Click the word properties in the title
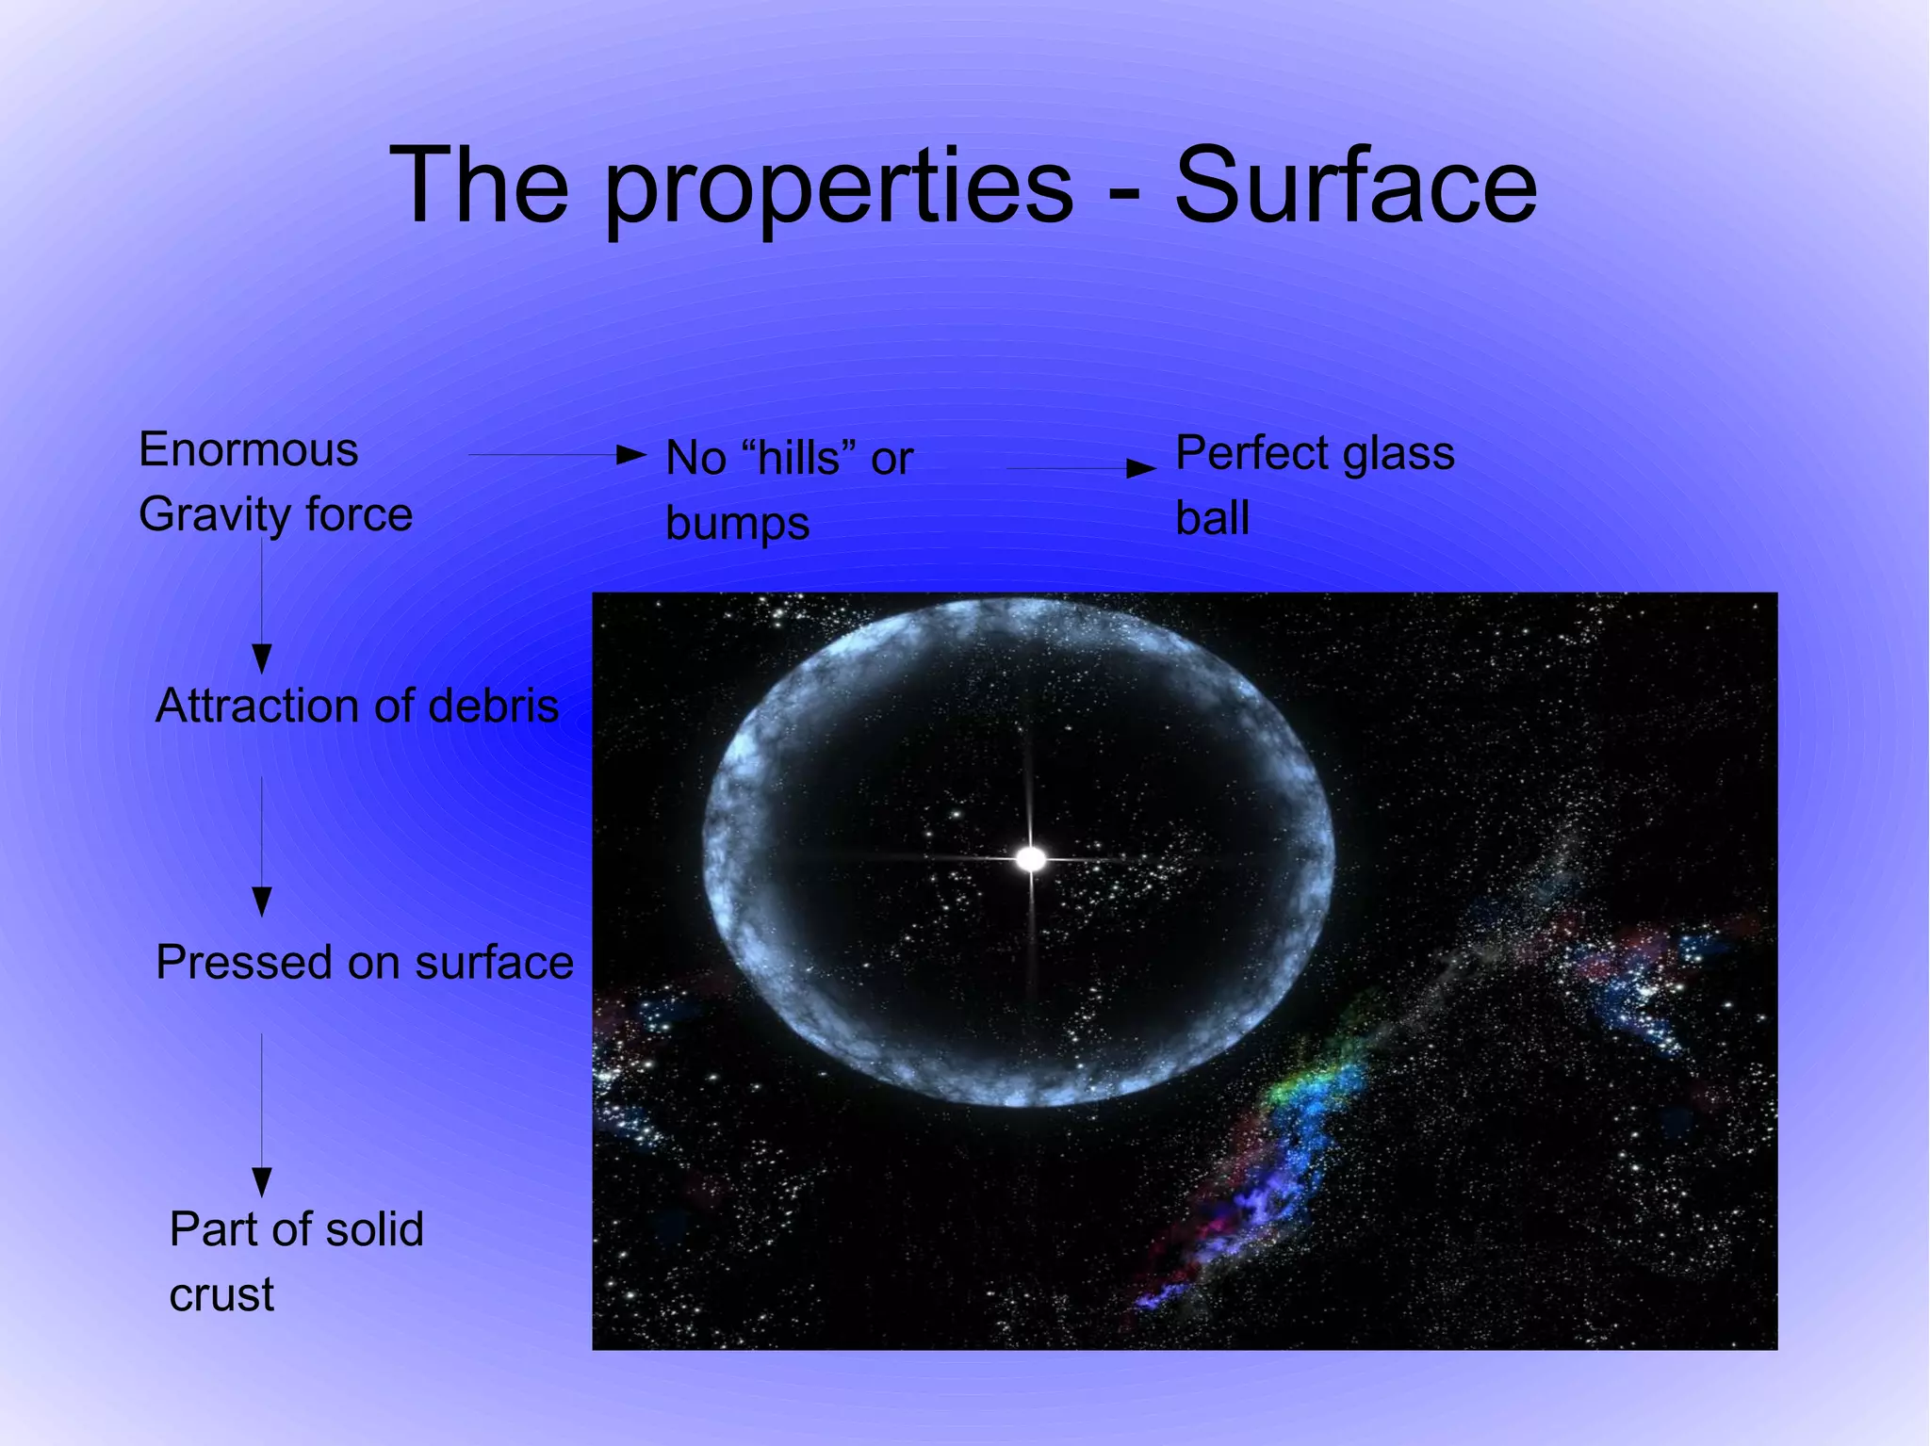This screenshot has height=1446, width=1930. click(838, 188)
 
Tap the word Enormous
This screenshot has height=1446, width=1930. click(248, 449)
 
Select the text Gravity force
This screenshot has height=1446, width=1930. click(275, 514)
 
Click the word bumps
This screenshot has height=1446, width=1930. click(737, 524)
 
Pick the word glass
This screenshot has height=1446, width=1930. click(1398, 453)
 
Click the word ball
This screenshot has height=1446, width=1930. click(1212, 518)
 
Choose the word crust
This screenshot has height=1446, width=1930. click(221, 1294)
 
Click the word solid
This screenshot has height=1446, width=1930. click(374, 1229)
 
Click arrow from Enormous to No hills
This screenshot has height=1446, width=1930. click(556, 455)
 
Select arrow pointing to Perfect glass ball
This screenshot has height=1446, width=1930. click(1080, 467)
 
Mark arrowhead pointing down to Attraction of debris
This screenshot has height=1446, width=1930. click(262, 657)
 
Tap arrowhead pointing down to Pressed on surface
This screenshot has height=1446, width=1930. click(262, 901)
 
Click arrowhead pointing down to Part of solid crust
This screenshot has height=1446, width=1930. click(262, 1181)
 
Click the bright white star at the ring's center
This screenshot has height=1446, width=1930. click(1031, 858)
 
